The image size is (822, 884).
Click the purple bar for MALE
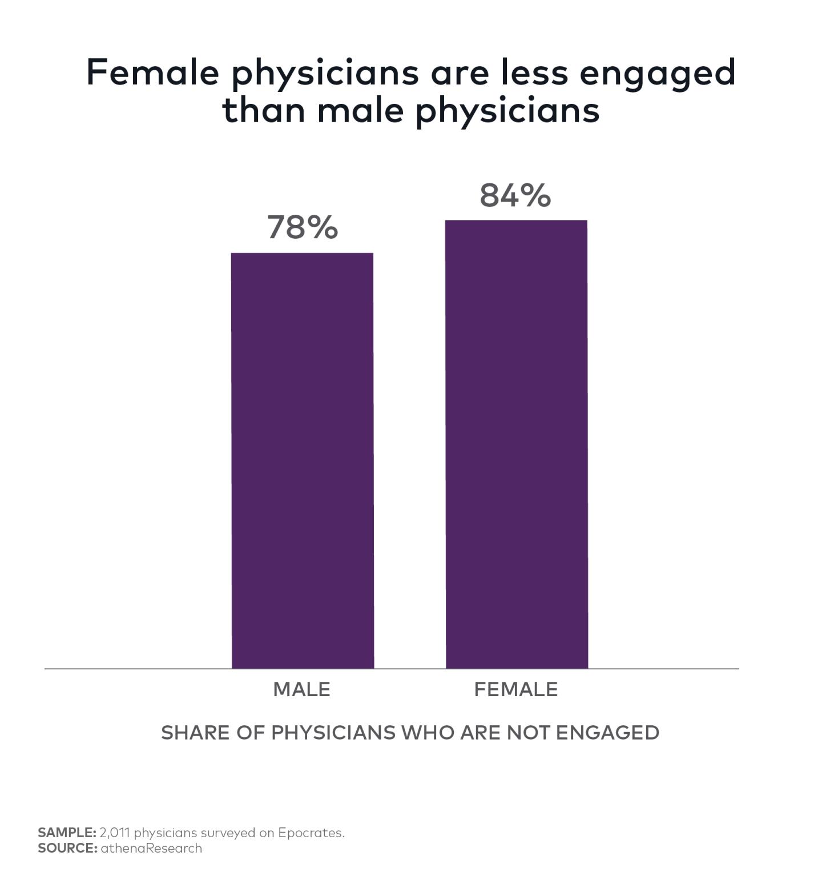[x=303, y=460]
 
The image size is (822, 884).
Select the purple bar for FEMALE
[x=517, y=444]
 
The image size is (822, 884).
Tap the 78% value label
[x=303, y=227]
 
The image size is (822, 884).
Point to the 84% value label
[x=515, y=195]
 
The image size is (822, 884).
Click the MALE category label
[x=302, y=690]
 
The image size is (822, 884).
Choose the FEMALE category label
[x=516, y=690]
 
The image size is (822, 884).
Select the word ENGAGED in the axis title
[x=608, y=733]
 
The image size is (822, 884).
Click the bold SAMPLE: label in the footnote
[x=67, y=833]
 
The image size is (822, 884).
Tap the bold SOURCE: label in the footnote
[x=67, y=848]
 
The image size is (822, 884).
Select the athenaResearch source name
[x=151, y=848]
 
